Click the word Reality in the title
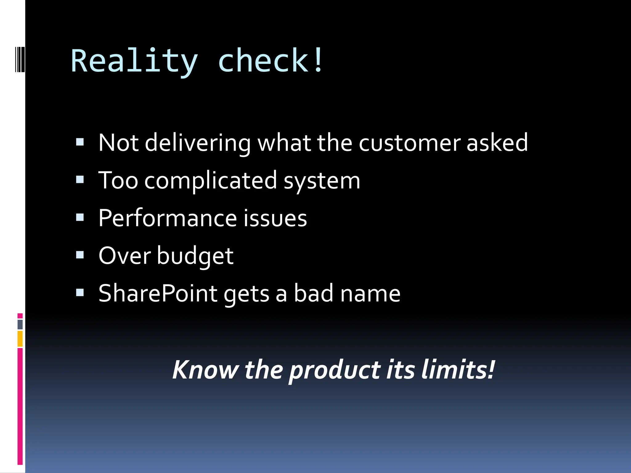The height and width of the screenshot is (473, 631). point(134,61)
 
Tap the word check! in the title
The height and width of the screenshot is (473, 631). point(271,61)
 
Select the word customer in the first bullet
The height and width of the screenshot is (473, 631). point(409,143)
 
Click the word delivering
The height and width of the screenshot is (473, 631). point(198,143)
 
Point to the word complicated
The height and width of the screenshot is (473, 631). point(211,181)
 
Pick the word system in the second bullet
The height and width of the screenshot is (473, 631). point(322,181)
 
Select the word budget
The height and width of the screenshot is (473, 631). point(195,256)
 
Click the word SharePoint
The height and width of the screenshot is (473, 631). point(158,293)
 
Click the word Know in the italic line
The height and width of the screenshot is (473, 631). point(205,370)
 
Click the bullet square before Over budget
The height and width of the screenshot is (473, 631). point(80,255)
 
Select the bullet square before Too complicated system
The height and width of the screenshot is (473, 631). point(80,180)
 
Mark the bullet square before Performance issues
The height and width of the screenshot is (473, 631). point(80,217)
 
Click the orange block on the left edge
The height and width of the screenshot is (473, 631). point(20,338)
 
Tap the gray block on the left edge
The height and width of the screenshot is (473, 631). point(20,324)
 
